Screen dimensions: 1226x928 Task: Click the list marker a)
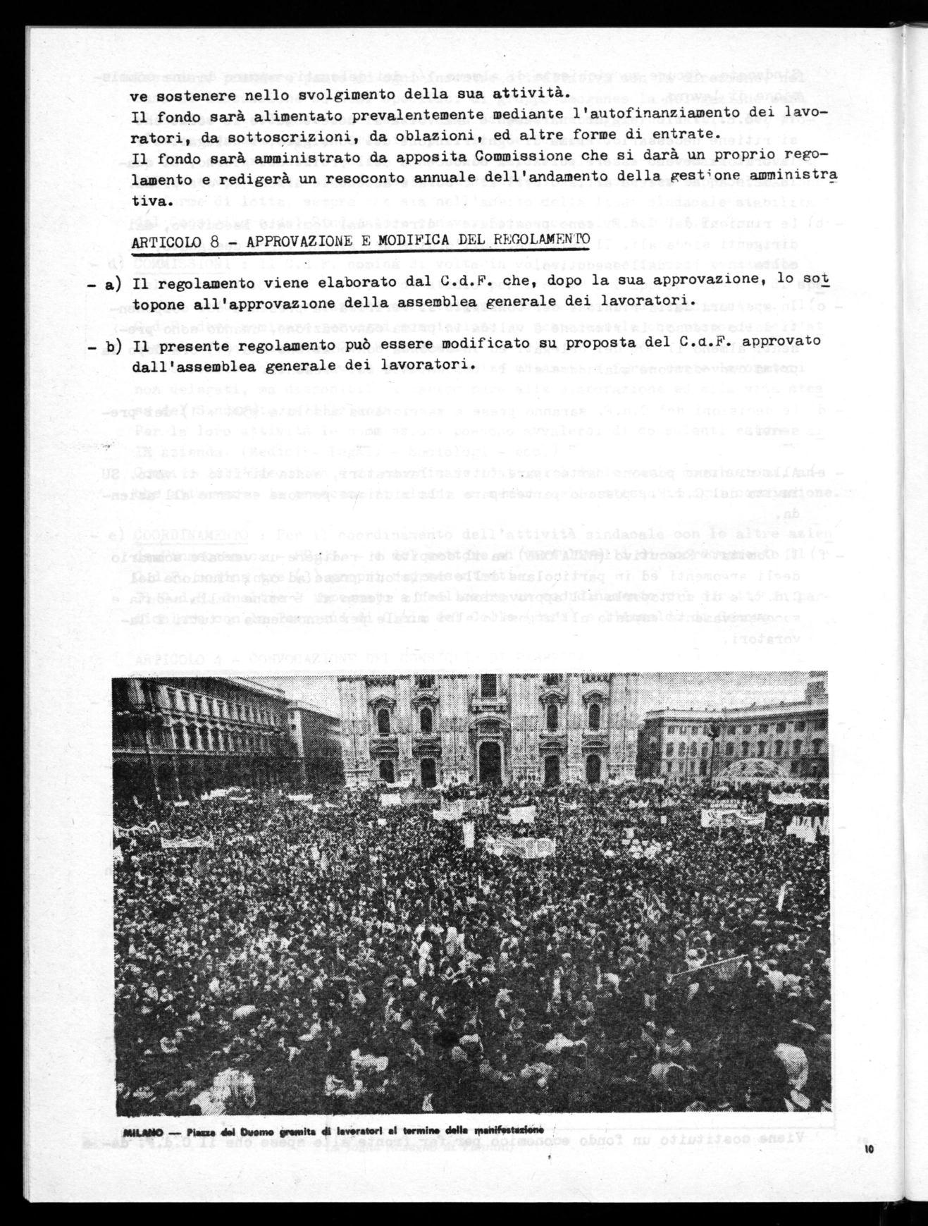[116, 281]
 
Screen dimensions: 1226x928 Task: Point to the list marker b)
[116, 345]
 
